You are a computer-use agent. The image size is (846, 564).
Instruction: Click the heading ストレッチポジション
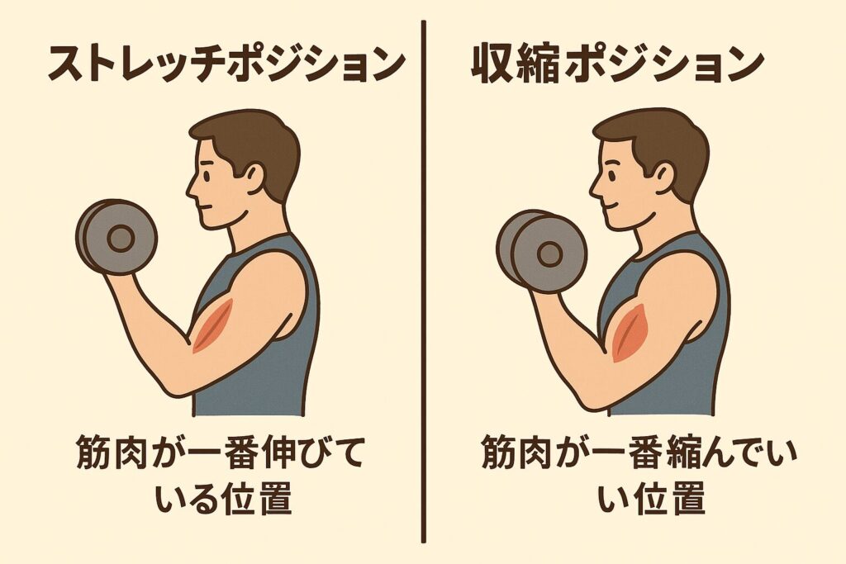(226, 64)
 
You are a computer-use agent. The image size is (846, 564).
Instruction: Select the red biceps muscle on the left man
(212, 326)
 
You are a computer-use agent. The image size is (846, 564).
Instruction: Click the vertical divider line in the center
(424, 282)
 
